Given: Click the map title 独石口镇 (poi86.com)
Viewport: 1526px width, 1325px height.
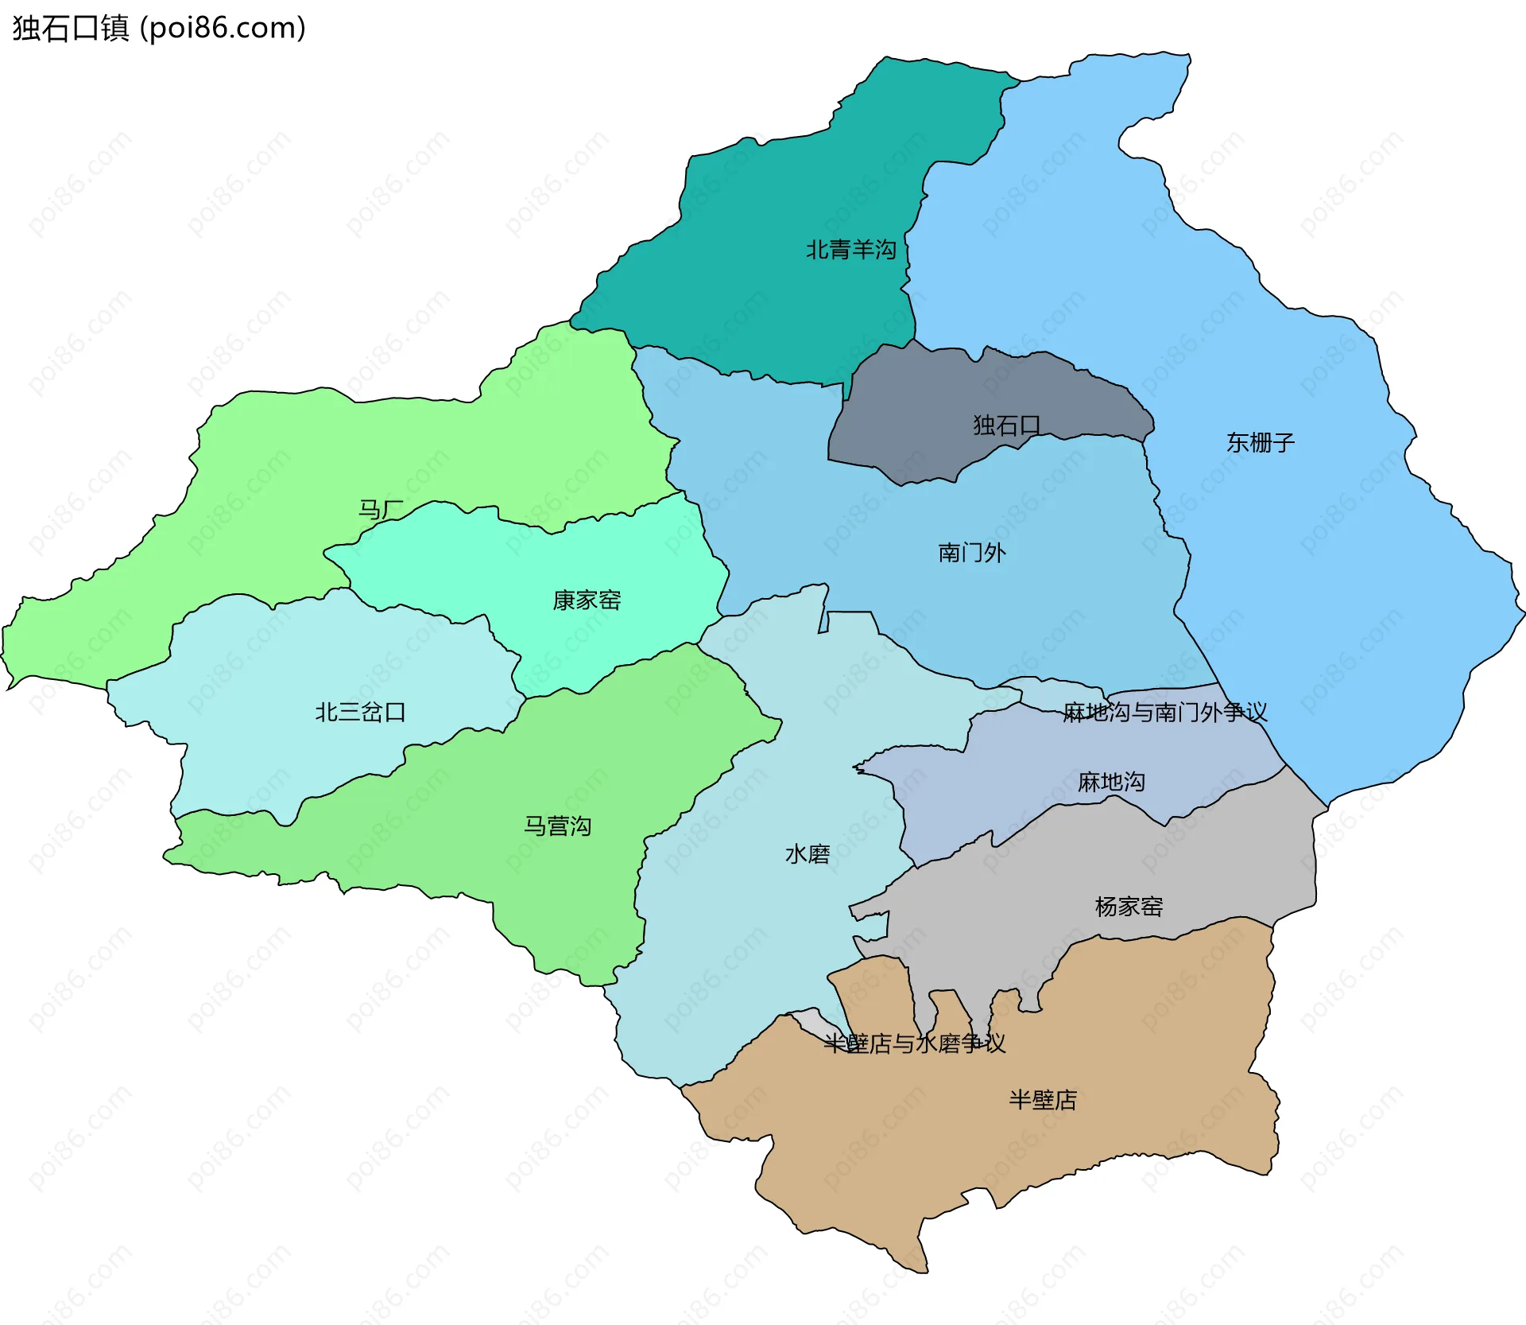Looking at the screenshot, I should point(159,29).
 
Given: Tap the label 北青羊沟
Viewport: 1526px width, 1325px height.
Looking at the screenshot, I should point(850,250).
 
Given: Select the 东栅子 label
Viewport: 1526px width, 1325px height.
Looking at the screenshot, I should point(1260,442).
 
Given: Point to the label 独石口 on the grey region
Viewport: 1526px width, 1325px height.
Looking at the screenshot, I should point(1006,425).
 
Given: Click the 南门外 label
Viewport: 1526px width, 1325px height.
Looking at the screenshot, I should point(971,553).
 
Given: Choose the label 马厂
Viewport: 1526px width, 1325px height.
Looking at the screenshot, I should point(381,509).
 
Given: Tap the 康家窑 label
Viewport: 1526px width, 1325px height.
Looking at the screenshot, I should point(587,600).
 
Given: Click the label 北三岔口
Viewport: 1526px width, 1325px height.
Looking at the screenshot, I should point(360,712).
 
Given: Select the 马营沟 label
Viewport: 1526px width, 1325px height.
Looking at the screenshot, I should point(557,826).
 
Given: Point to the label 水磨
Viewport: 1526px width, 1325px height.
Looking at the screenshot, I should point(807,854).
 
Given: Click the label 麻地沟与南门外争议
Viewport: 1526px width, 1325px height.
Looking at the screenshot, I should point(1164,713).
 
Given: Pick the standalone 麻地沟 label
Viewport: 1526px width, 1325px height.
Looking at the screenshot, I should point(1111,783).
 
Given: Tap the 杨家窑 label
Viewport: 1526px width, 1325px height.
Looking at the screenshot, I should point(1129,907).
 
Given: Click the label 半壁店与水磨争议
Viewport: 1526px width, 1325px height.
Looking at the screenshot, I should point(914,1043).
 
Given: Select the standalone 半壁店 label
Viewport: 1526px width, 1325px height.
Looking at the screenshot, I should point(1042,1101).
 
